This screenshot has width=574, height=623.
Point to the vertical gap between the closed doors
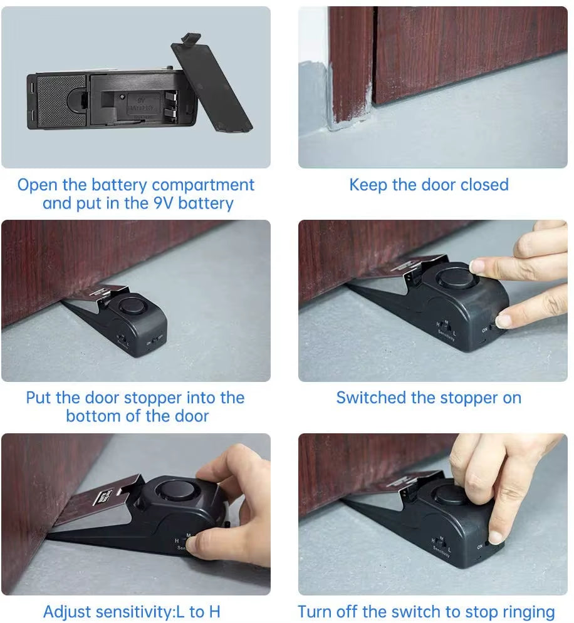pos(373,56)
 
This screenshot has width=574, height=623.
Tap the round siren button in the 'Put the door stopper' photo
pos(132,306)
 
